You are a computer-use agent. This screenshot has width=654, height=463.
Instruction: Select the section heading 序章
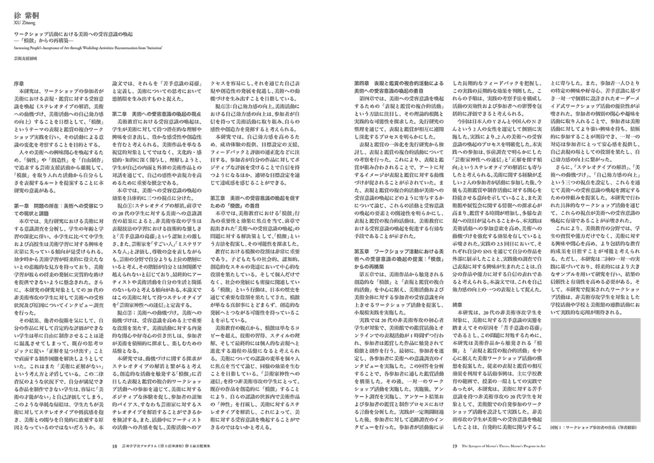[x=19, y=83]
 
